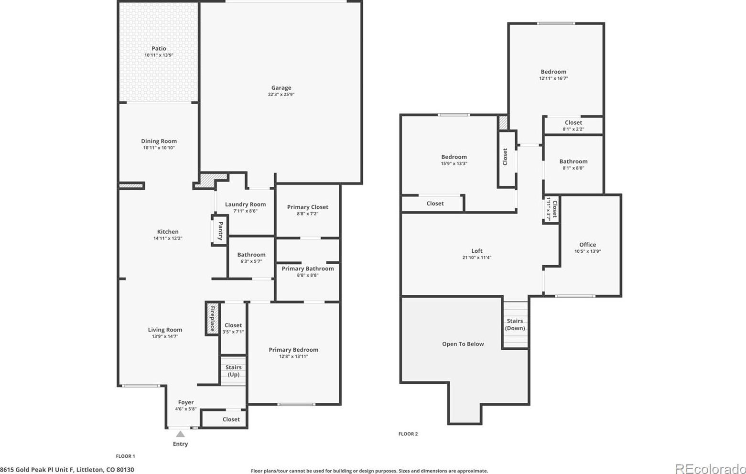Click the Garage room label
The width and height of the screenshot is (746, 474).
pyautogui.click(x=281, y=87)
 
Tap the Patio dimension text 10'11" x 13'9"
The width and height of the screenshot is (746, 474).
pyautogui.click(x=159, y=55)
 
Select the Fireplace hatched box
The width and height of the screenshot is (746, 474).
pyautogui.click(x=212, y=318)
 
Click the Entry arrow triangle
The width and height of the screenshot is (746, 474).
pyautogui.click(x=180, y=434)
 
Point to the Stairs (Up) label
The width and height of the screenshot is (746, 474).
pyautogui.click(x=234, y=371)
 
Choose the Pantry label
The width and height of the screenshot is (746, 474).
pyautogui.click(x=220, y=230)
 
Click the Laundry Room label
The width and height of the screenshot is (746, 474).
pyautogui.click(x=246, y=204)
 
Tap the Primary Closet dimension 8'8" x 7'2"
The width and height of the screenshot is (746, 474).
pyautogui.click(x=308, y=214)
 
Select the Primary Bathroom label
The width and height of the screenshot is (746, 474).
pyautogui.click(x=308, y=269)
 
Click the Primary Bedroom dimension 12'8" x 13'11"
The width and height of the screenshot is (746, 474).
pyautogui.click(x=293, y=356)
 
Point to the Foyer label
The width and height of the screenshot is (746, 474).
pyautogui.click(x=186, y=402)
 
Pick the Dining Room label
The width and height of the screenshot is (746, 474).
pyautogui.click(x=159, y=141)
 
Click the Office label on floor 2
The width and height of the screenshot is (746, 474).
pyautogui.click(x=587, y=245)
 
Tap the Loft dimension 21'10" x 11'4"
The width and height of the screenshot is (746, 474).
pyautogui.click(x=477, y=258)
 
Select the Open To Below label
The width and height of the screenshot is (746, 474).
pyautogui.click(x=463, y=344)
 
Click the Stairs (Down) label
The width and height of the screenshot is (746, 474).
pyautogui.click(x=515, y=324)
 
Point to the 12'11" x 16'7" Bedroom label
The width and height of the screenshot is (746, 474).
pyautogui.click(x=553, y=72)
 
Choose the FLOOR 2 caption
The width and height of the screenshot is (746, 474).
pyautogui.click(x=408, y=434)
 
